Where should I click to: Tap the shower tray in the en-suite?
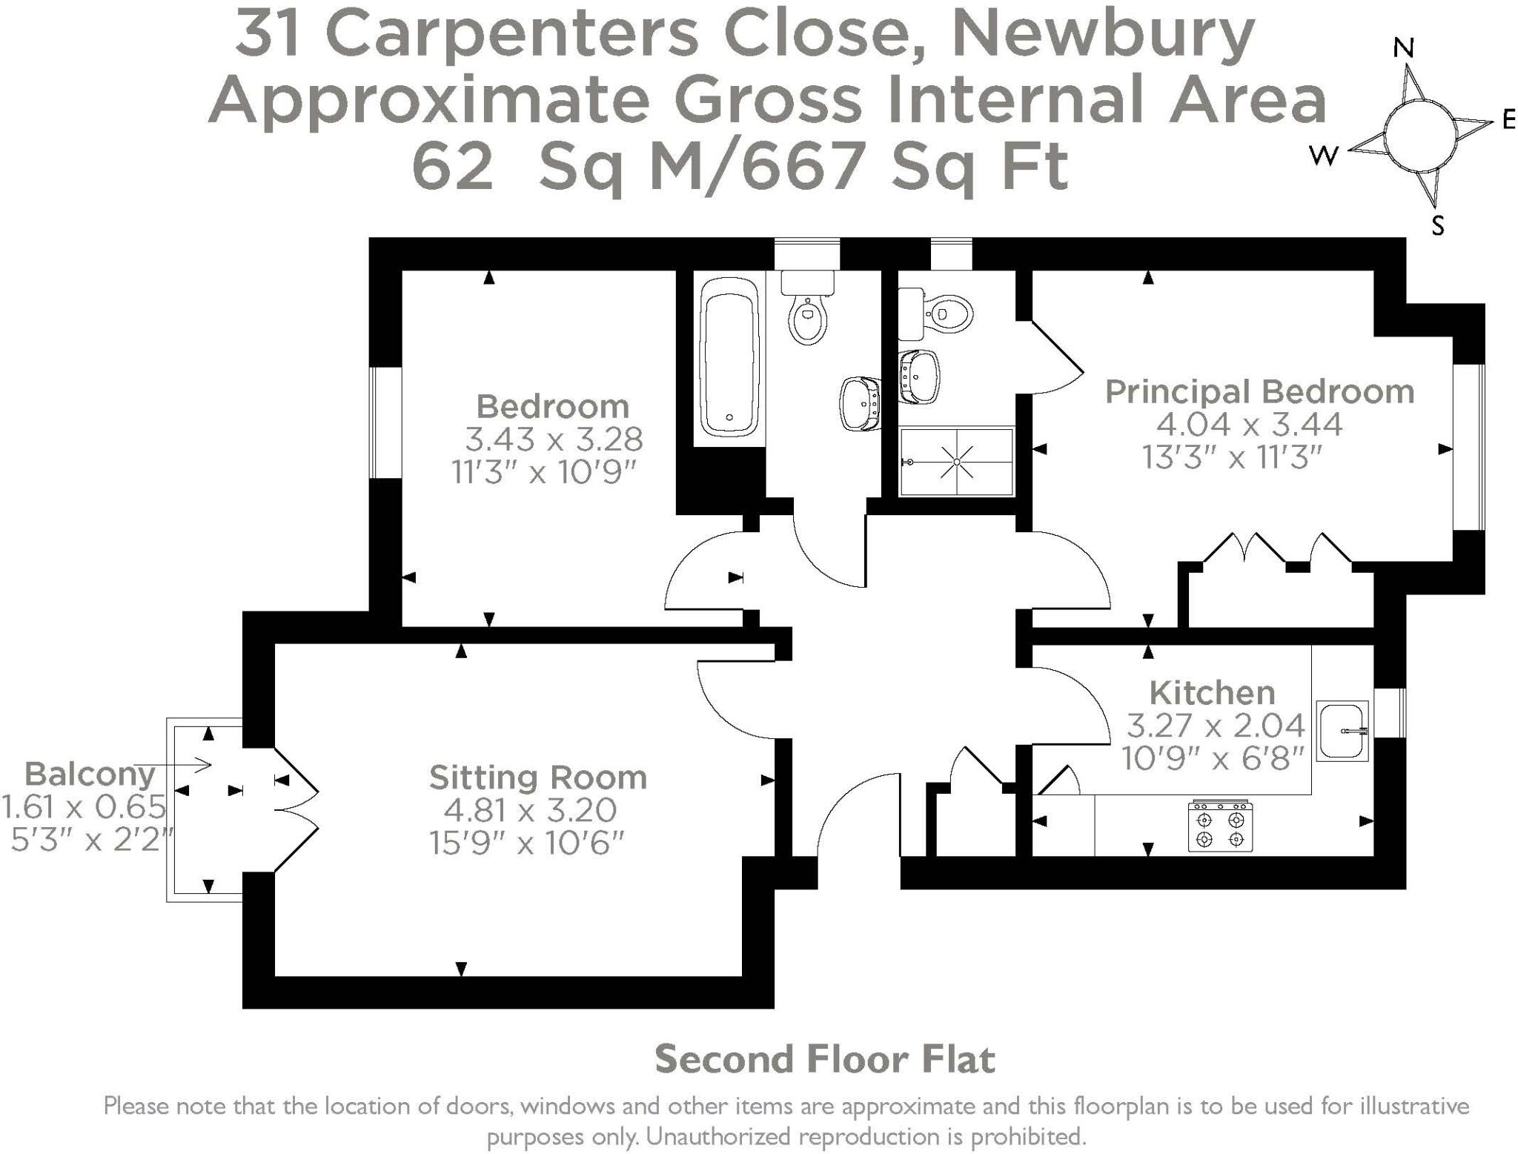tap(956, 462)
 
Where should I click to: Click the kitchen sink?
tap(1342, 731)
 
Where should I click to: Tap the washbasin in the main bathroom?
tap(860, 404)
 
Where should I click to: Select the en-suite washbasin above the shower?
tap(919, 377)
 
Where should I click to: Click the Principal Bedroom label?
tap(1259, 391)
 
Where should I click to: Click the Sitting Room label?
tap(538, 777)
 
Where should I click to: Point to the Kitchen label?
tap(1212, 693)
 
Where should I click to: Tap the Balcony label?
tap(90, 775)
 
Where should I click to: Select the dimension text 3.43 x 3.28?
tap(553, 440)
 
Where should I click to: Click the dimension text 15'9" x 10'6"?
tap(527, 843)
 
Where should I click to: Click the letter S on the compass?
tap(1437, 225)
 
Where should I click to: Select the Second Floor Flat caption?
tap(824, 1059)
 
